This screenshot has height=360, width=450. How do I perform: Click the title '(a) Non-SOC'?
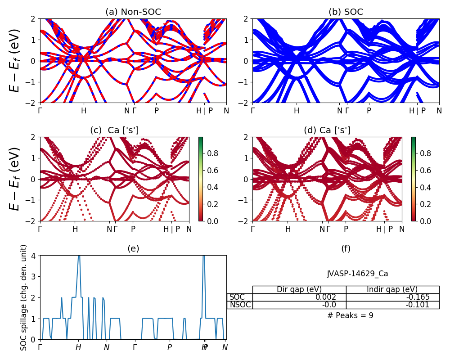click(133, 12)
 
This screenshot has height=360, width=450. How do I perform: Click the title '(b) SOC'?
click(346, 12)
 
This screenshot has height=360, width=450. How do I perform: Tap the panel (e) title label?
click(133, 248)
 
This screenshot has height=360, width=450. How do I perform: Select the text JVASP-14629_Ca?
click(357, 274)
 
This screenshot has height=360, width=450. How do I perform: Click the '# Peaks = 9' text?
click(350, 315)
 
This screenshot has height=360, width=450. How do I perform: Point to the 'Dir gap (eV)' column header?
click(299, 289)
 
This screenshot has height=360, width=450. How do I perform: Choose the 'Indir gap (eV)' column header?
click(392, 289)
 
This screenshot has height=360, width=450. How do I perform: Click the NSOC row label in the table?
click(240, 305)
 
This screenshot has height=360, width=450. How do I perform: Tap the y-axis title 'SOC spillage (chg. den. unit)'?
click(24, 297)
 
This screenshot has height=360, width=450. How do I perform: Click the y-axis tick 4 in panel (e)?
click(36, 256)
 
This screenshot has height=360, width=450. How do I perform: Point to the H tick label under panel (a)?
click(84, 111)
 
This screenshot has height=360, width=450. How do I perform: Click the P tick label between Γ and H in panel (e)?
click(170, 347)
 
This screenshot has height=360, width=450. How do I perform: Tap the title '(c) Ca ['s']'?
click(114, 130)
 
